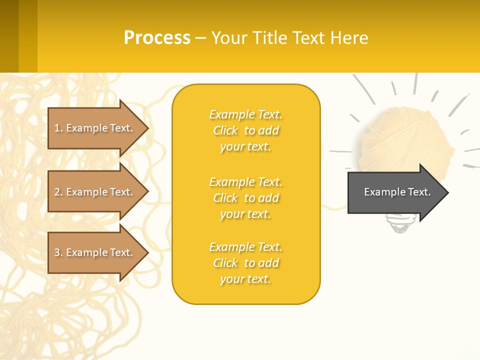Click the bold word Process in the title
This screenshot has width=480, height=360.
pyautogui.click(x=157, y=38)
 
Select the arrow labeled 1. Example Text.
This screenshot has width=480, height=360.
pyautogui.click(x=95, y=128)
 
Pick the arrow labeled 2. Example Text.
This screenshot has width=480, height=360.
pyautogui.click(x=95, y=192)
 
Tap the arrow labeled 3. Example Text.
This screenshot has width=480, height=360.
pyautogui.click(x=95, y=252)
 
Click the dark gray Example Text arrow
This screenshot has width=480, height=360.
pyautogui.click(x=395, y=192)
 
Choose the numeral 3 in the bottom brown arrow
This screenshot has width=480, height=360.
pyautogui.click(x=57, y=252)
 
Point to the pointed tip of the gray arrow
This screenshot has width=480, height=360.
pyautogui.click(x=447, y=192)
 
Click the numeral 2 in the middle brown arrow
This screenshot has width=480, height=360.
pyautogui.click(x=57, y=192)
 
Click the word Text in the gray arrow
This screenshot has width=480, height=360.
pyautogui.click(x=420, y=192)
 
